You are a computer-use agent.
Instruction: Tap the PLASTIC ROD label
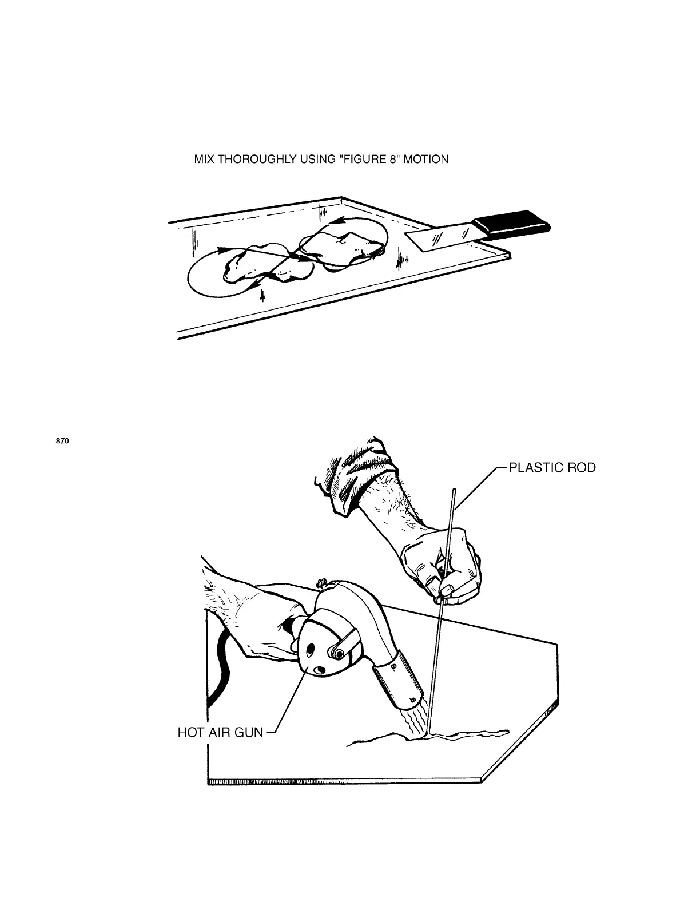[x=552, y=468]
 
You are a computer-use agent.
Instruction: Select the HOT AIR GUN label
[x=221, y=732]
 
